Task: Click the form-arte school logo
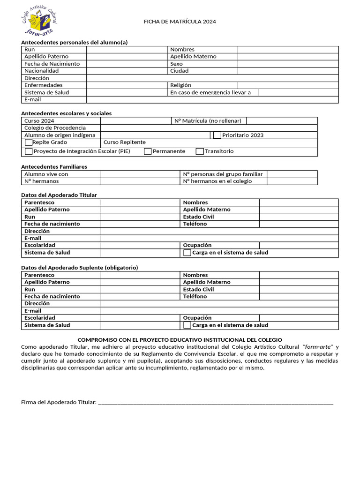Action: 39,21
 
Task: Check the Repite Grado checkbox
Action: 29,142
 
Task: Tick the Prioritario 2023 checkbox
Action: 217,135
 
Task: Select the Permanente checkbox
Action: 148,151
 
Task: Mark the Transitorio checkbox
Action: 200,151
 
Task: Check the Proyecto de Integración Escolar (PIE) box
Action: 29,151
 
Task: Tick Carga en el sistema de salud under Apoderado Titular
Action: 187,253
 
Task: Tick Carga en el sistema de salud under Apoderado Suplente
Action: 187,325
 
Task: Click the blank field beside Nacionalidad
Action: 127,71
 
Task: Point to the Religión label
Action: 180,85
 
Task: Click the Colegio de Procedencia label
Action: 55,128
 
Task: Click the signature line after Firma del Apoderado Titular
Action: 216,402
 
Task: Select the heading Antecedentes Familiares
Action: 54,166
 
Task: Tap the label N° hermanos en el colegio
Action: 217,181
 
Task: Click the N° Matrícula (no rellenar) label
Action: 208,121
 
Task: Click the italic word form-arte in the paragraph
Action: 318,347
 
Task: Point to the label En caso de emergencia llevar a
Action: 210,92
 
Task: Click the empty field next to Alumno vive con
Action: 140,174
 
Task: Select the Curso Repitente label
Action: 124,142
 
